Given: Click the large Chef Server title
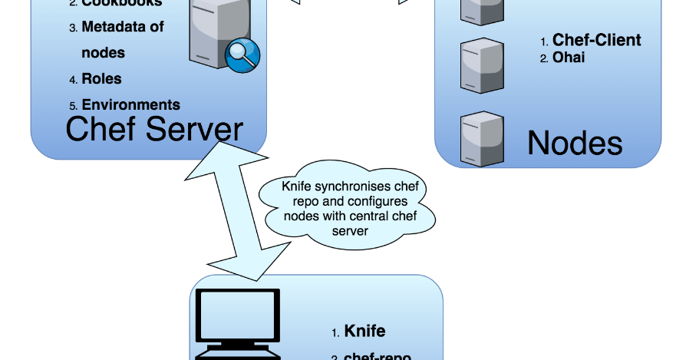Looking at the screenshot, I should (154, 129).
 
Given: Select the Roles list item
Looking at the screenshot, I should (101, 78).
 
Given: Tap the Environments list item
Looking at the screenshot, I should (130, 104).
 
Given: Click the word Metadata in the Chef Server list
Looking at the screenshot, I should (113, 27).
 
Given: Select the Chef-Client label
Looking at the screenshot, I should (596, 40).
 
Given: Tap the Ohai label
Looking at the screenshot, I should (569, 57).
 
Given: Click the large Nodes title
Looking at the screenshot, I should (575, 143).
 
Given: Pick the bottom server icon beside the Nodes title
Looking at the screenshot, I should (482, 140).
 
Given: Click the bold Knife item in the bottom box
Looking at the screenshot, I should (364, 332).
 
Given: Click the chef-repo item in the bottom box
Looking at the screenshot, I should (377, 356).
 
